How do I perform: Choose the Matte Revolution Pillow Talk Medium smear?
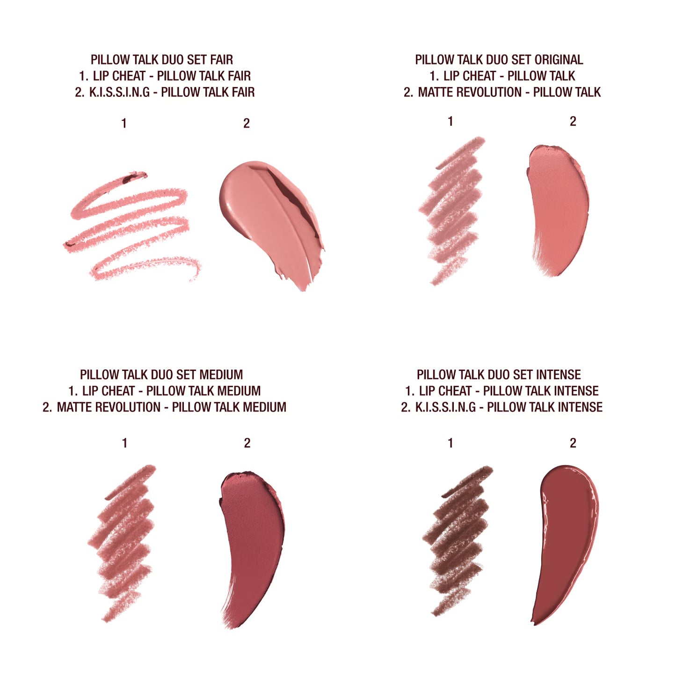point(253,538)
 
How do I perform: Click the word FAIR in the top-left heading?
point(221,60)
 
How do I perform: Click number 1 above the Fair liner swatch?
point(124,124)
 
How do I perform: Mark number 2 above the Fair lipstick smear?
point(247,124)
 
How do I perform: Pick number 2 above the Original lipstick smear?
point(573,122)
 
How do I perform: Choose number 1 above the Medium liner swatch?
point(124,443)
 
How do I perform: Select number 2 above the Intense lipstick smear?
point(573,443)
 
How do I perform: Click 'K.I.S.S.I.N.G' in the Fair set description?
point(119,92)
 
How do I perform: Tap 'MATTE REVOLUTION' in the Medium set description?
point(109,407)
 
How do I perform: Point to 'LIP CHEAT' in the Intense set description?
point(445,391)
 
